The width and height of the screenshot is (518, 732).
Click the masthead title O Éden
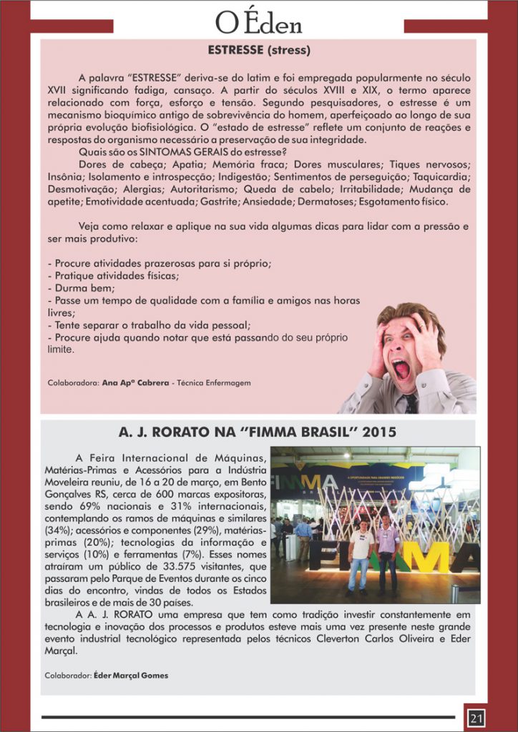tap(259, 24)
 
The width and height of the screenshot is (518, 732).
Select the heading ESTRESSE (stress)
tap(259, 51)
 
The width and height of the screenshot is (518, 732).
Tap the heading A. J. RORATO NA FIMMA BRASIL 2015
tap(259, 433)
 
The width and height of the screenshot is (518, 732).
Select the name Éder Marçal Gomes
tap(131, 674)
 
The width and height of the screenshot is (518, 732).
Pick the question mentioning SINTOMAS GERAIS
tap(180, 151)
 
